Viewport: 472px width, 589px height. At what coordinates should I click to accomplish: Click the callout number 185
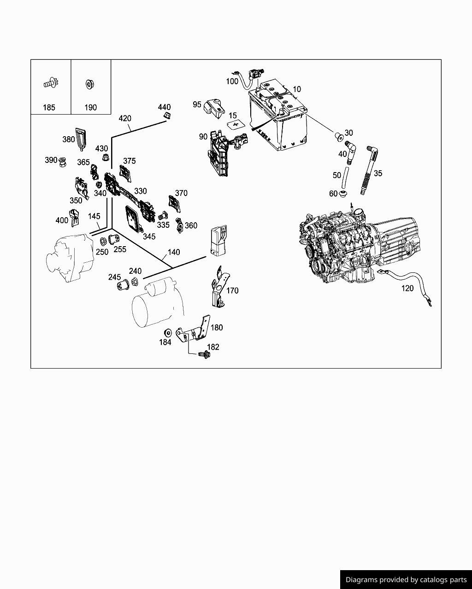[49, 107]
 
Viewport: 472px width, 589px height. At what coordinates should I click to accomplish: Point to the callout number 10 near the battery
[296, 89]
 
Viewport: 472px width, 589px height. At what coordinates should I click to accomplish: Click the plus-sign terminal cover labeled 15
[236, 125]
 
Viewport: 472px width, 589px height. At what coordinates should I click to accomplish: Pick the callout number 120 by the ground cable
[407, 289]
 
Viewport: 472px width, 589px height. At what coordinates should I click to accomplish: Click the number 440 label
[164, 107]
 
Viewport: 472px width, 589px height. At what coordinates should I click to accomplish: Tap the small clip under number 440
[167, 115]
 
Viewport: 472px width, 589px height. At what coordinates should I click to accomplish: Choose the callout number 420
[125, 118]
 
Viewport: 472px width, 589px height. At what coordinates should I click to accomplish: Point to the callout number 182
[213, 347]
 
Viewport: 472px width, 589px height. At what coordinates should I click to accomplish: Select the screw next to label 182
[203, 355]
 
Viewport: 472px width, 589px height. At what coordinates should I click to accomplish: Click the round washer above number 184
[167, 332]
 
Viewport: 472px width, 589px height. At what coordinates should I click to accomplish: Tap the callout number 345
[149, 236]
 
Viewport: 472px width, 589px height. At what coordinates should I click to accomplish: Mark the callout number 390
[51, 160]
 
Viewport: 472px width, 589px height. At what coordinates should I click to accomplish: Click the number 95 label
[197, 104]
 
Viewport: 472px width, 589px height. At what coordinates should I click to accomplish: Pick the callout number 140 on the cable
[174, 252]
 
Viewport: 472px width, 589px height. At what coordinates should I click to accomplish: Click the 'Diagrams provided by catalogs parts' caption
[406, 580]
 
